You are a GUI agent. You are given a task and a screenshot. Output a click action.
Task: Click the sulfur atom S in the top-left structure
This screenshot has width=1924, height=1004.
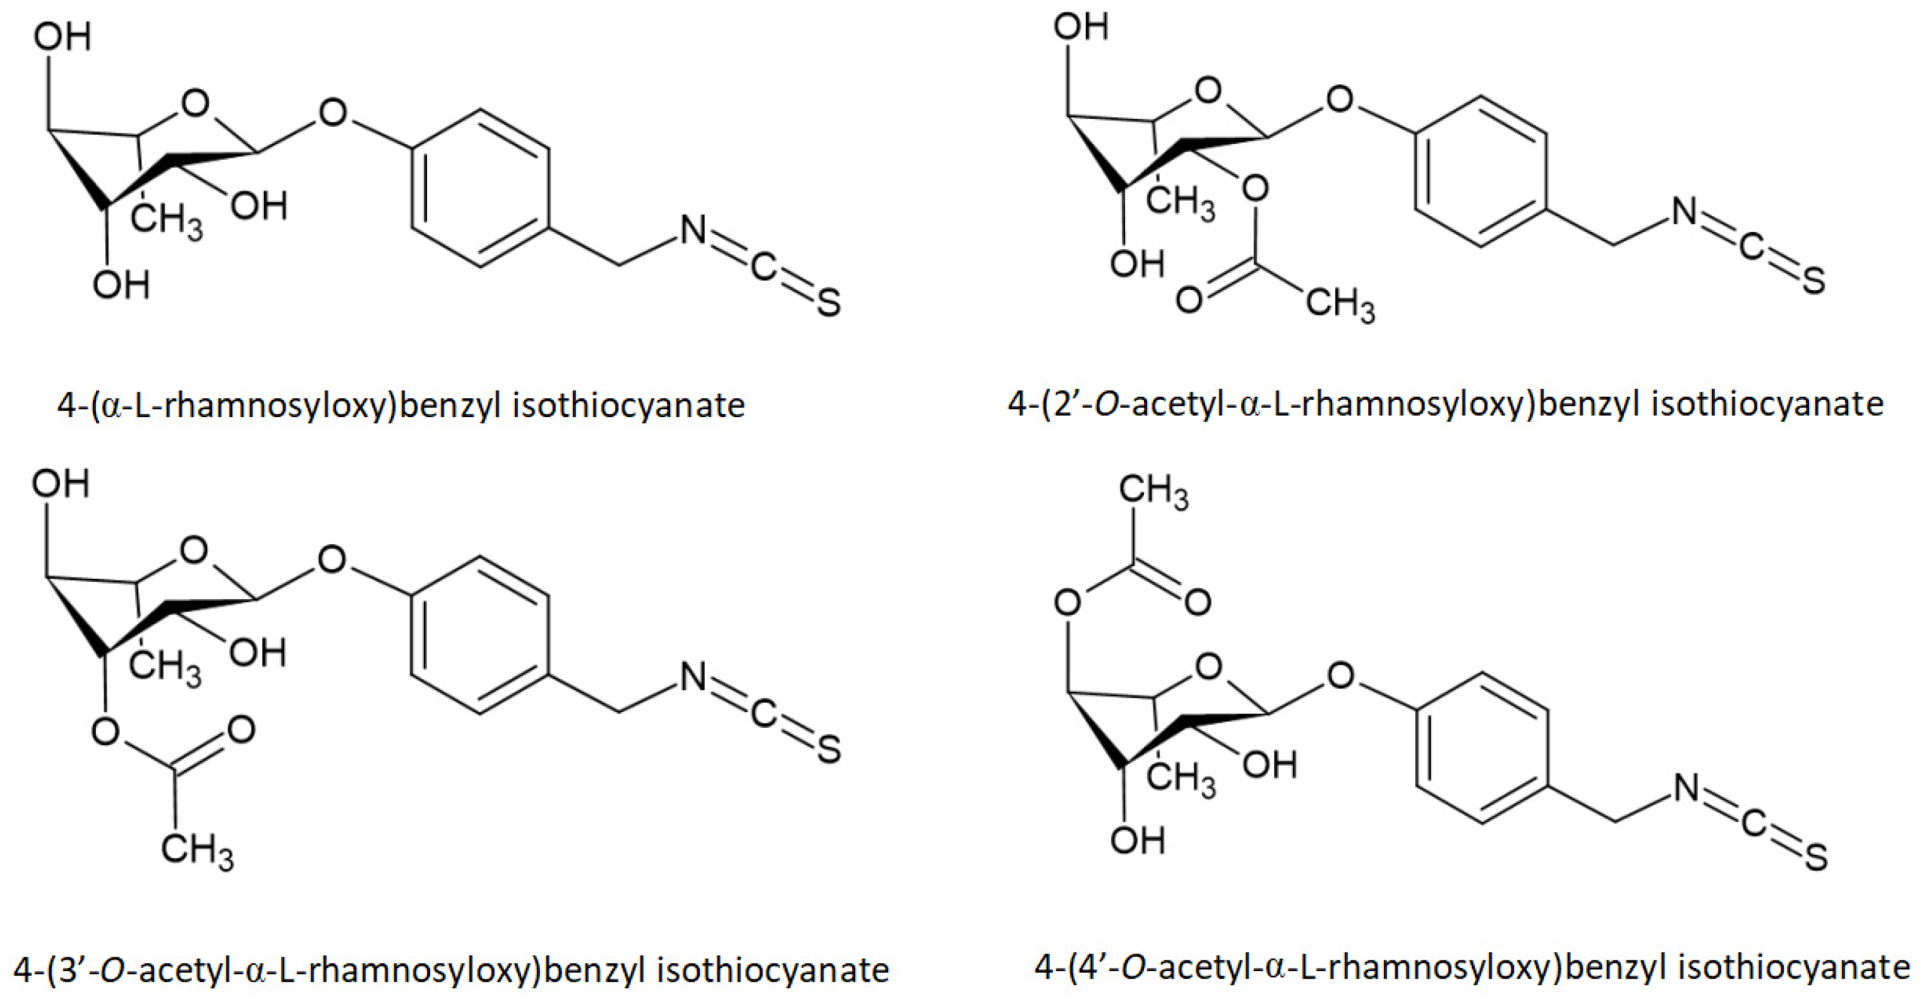point(828,303)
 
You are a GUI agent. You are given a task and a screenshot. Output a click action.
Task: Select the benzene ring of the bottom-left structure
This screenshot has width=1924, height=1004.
point(480,636)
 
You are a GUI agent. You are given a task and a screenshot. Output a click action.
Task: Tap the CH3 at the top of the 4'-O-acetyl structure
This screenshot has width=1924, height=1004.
point(1153,493)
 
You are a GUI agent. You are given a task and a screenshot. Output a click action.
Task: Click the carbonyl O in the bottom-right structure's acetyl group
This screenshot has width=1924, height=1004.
point(1197,602)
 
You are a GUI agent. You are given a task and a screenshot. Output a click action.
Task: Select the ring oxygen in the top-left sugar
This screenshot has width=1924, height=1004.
point(195,104)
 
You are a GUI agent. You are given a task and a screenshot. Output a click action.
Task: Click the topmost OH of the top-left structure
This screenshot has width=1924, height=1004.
point(62,36)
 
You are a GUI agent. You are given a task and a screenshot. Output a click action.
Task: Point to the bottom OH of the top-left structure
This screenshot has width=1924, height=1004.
point(121,284)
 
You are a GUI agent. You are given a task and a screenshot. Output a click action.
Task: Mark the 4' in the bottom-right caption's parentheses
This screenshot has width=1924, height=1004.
point(1094,967)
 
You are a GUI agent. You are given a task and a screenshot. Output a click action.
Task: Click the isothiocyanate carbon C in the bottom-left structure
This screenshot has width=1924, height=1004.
point(762,714)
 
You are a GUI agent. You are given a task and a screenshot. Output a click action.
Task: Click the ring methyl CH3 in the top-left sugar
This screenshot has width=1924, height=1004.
point(166,221)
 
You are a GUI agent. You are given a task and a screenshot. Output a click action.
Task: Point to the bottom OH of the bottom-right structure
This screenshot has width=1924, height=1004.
point(1137,841)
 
